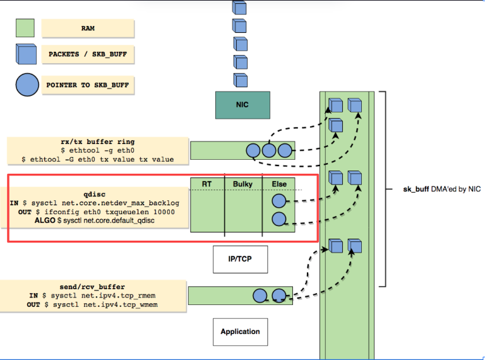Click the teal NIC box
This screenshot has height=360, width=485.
(242, 105)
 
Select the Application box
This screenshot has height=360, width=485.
(240, 331)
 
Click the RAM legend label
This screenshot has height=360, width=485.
(88, 28)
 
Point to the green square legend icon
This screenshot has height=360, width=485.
(24, 28)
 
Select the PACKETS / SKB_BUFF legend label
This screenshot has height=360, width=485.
(88, 55)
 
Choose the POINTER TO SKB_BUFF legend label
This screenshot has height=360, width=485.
(88, 85)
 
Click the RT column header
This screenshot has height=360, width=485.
(207, 184)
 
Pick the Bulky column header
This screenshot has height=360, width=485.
(243, 184)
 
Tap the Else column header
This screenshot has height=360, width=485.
(278, 184)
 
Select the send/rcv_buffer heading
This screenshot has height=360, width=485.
(99, 287)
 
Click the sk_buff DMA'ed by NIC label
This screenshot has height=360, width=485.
(433, 189)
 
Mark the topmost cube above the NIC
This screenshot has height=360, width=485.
(239, 8)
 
